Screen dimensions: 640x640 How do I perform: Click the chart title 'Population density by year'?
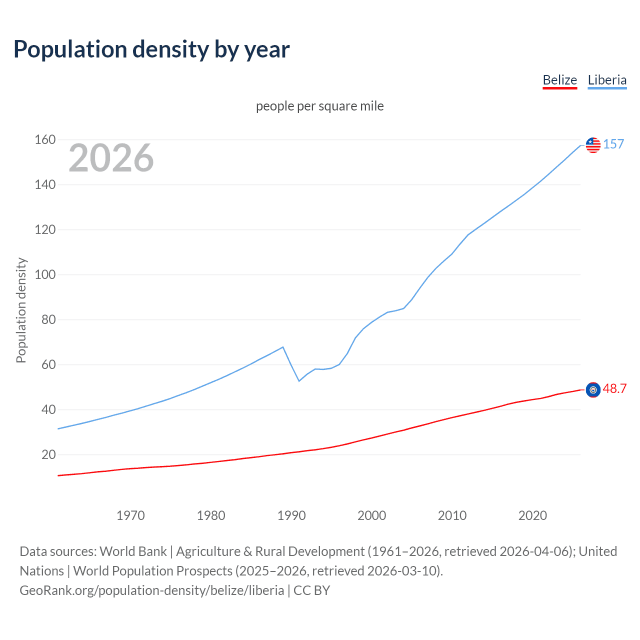[151, 49]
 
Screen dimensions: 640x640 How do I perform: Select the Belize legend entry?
[559, 80]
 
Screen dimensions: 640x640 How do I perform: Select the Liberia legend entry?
[607, 80]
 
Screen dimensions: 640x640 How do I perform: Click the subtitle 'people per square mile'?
[319, 106]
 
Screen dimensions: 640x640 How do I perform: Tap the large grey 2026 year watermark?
[111, 158]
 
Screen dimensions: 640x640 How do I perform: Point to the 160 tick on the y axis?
[45, 139]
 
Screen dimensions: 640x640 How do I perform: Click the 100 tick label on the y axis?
[45, 274]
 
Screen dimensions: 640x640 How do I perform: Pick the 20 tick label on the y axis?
[48, 454]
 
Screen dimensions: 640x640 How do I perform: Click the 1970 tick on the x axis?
[130, 515]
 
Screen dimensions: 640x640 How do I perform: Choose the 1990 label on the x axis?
[291, 515]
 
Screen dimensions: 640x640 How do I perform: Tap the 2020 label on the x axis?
[532, 515]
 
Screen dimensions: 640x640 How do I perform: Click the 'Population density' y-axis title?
[21, 310]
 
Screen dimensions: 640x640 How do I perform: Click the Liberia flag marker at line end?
[593, 145]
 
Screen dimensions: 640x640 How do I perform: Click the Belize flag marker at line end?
[593, 390]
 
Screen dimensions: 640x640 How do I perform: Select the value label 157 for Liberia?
[613, 144]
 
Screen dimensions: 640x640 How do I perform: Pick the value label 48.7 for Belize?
[614, 388]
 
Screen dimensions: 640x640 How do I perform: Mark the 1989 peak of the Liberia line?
[283, 347]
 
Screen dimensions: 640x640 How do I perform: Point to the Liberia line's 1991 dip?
[299, 381]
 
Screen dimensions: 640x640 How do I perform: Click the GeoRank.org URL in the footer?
[151, 590]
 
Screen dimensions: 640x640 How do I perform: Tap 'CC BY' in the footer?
[311, 590]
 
